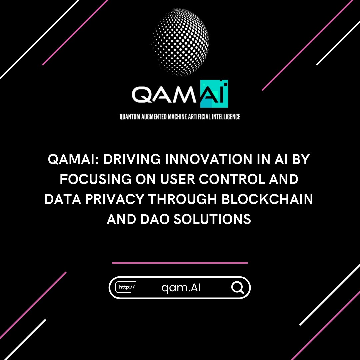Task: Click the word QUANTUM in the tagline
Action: coord(131,117)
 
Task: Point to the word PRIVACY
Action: coord(111,200)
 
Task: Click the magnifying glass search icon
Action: coord(238,287)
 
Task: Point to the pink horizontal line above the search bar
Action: coord(180,263)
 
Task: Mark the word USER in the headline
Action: coord(176,180)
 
